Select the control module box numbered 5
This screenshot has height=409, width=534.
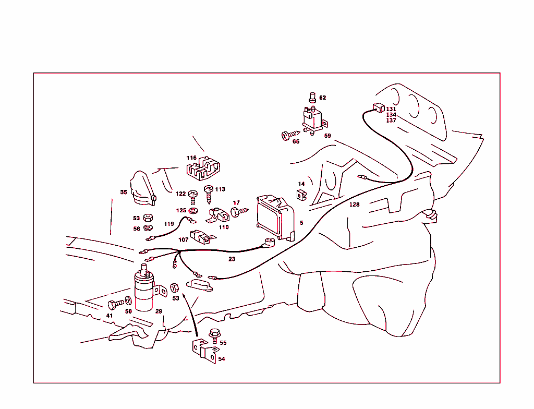[275, 217]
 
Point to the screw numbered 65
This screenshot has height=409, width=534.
[290, 135]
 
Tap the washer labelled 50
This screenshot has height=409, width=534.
[128, 300]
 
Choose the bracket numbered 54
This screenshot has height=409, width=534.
[204, 351]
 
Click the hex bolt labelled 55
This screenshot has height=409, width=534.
[214, 336]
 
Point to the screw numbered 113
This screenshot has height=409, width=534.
[209, 194]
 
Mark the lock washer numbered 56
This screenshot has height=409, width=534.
[148, 228]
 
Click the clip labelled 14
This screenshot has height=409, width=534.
[301, 195]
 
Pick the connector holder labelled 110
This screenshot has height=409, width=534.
[218, 215]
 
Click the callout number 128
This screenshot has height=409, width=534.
[354, 204]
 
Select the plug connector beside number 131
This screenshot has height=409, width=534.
[379, 107]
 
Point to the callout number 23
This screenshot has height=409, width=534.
[232, 259]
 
